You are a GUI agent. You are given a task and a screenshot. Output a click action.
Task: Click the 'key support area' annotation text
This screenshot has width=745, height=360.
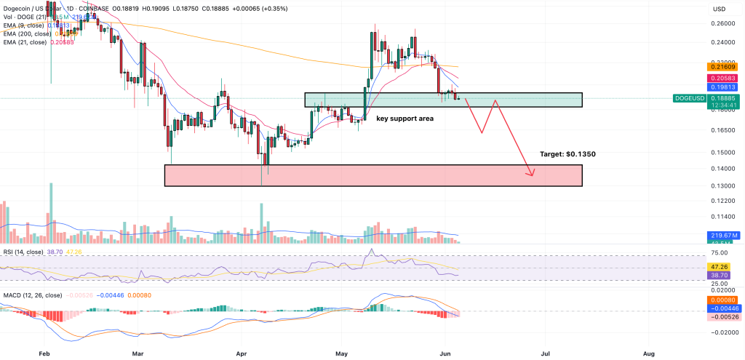[405, 117]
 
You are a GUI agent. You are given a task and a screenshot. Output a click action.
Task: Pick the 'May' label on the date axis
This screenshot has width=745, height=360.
[343, 353]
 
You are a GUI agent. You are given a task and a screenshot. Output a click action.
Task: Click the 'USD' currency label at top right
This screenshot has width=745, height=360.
[720, 8]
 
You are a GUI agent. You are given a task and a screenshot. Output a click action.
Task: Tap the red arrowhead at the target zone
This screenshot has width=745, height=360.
[533, 173]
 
